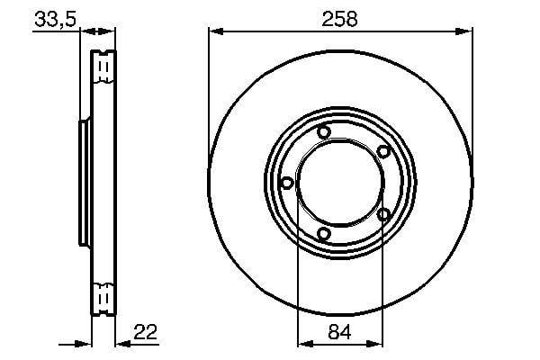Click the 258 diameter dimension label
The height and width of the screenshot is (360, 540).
point(339,19)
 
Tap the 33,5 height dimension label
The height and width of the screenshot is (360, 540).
point(55,19)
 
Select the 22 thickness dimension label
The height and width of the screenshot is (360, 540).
point(145,332)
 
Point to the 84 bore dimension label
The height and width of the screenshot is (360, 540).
point(339,332)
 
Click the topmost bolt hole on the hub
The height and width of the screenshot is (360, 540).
point(324,132)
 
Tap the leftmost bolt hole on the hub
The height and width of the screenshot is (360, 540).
point(287,183)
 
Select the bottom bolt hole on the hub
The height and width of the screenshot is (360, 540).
point(323,234)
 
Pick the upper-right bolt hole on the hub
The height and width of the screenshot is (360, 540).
point(383,151)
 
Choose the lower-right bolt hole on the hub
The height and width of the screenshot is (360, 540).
point(383,214)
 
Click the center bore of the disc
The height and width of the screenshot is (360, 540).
point(340,183)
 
